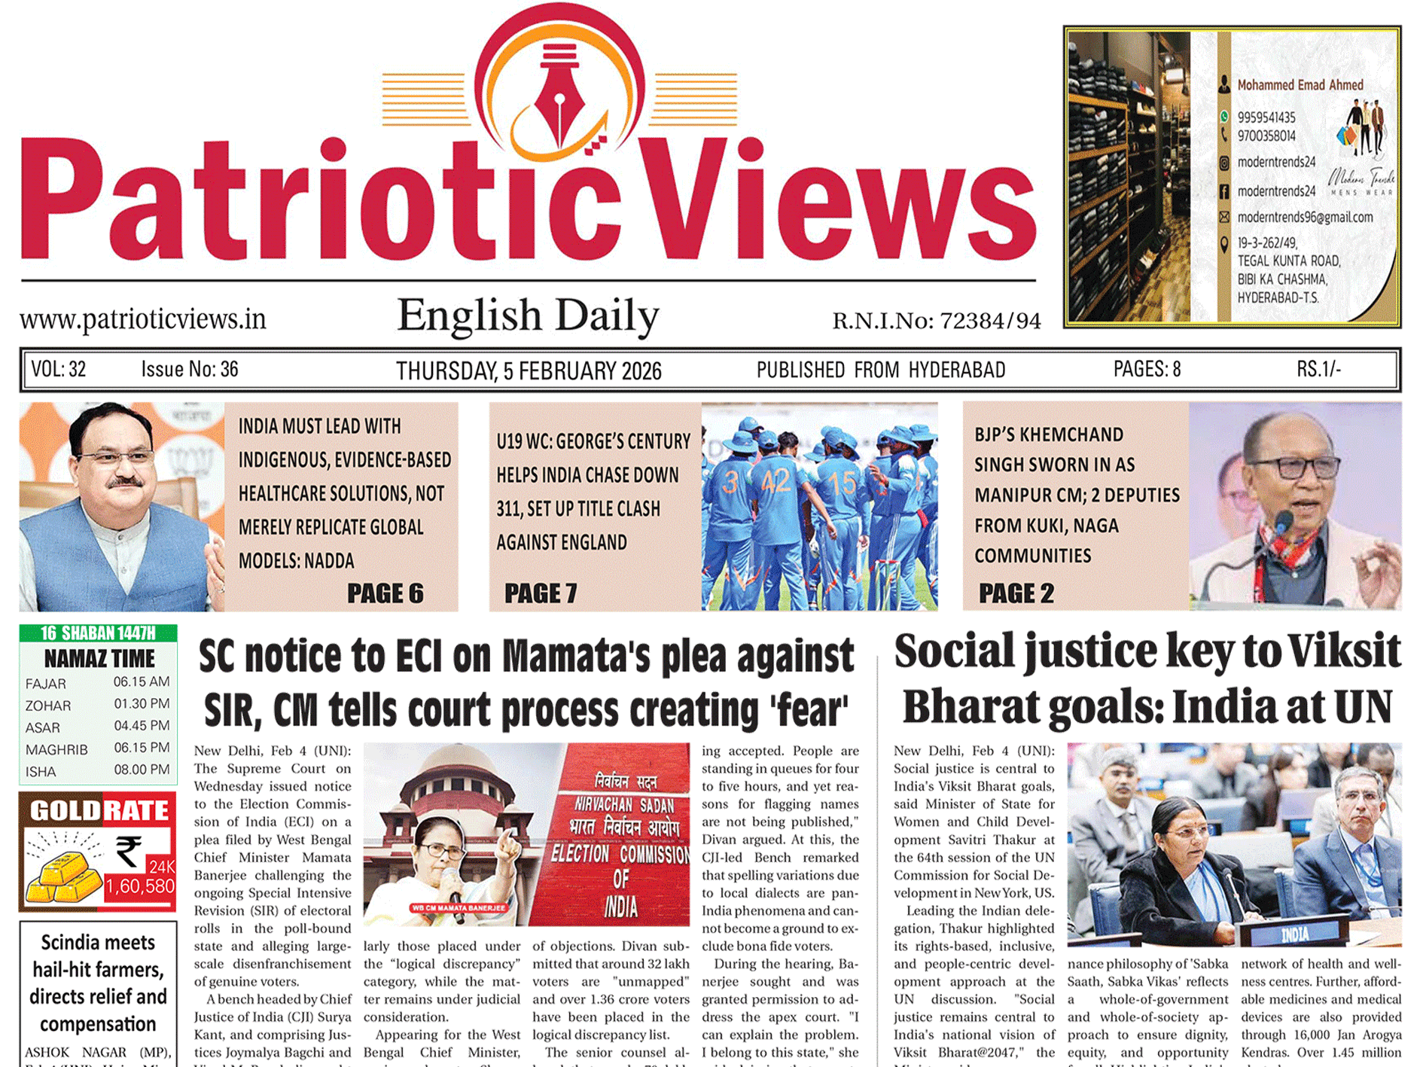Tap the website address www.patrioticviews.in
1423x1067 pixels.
click(x=143, y=319)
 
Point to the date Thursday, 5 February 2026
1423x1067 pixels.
click(x=529, y=370)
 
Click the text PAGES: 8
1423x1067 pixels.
click(x=1147, y=369)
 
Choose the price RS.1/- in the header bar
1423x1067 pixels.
click(x=1318, y=369)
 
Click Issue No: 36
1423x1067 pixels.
click(x=190, y=369)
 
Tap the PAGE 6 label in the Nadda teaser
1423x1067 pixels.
click(x=385, y=593)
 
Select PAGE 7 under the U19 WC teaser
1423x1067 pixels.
click(x=541, y=593)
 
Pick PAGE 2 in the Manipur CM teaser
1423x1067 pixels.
click(x=1016, y=593)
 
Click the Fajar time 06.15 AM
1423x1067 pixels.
click(x=142, y=682)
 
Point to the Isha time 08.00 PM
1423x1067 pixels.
click(x=142, y=770)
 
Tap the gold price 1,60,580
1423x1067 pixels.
click(x=140, y=886)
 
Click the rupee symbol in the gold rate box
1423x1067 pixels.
click(x=129, y=852)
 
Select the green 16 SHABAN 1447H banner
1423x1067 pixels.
click(x=98, y=633)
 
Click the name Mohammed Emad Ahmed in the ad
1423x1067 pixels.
click(x=1300, y=85)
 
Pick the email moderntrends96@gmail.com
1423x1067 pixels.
click(x=1305, y=218)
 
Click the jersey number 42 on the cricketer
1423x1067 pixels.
click(x=775, y=480)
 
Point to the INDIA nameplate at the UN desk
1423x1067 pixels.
click(x=1294, y=934)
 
